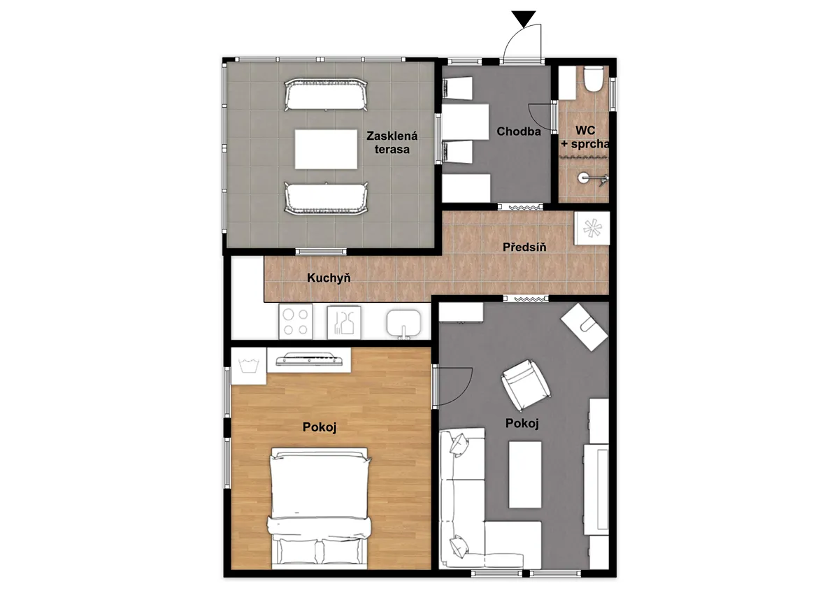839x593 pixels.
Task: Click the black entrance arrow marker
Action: point(524,18)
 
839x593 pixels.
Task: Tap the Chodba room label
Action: point(518,131)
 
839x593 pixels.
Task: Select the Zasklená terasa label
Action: point(392,143)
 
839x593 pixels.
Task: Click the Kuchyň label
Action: point(329,278)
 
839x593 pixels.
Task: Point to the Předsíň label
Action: point(524,247)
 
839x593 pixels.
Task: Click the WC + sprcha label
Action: point(585,137)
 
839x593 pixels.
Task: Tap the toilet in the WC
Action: point(594,79)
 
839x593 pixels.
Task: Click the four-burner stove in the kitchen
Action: point(296,322)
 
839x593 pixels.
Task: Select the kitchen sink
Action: point(404,323)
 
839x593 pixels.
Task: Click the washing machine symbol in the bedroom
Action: point(249,366)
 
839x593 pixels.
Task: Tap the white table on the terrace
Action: point(326,150)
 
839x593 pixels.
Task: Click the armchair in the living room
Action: point(526,385)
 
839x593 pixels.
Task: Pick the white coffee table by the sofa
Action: point(525,475)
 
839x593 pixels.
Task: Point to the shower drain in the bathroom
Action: point(583,178)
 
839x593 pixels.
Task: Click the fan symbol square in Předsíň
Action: point(592,228)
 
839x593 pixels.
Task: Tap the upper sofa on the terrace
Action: point(326,94)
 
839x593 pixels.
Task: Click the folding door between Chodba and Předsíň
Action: point(520,207)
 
